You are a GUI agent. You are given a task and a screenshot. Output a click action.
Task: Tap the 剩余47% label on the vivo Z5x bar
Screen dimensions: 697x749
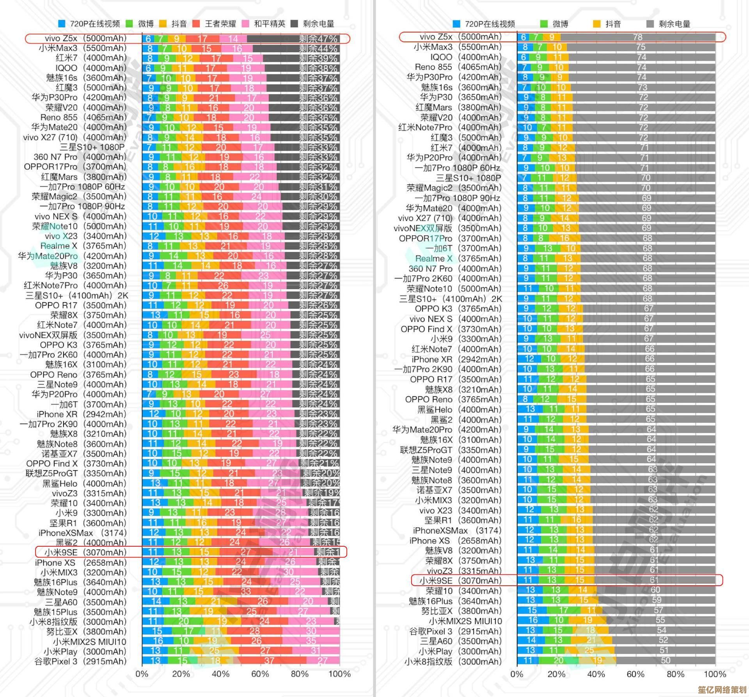[318, 39]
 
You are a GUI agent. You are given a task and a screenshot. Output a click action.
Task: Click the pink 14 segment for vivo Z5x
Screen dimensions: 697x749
[233, 39]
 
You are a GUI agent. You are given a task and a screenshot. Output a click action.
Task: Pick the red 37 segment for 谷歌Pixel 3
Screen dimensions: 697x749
[269, 661]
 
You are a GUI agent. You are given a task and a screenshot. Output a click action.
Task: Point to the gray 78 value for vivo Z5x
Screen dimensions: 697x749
[637, 37]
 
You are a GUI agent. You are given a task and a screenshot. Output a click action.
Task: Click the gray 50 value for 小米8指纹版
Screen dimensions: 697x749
[666, 661]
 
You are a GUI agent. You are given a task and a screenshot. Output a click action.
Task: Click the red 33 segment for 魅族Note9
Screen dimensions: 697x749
[246, 592]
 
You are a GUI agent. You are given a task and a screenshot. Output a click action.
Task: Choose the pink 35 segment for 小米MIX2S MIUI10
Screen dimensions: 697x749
[311, 641]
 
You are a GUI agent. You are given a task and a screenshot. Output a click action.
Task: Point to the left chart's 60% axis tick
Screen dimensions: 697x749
[260, 674]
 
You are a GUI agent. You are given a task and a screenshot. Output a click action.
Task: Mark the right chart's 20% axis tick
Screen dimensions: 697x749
[556, 674]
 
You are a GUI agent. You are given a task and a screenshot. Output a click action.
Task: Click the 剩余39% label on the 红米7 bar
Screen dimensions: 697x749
[318, 58]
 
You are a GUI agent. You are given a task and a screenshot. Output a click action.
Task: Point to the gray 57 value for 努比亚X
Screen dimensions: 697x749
[658, 610]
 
